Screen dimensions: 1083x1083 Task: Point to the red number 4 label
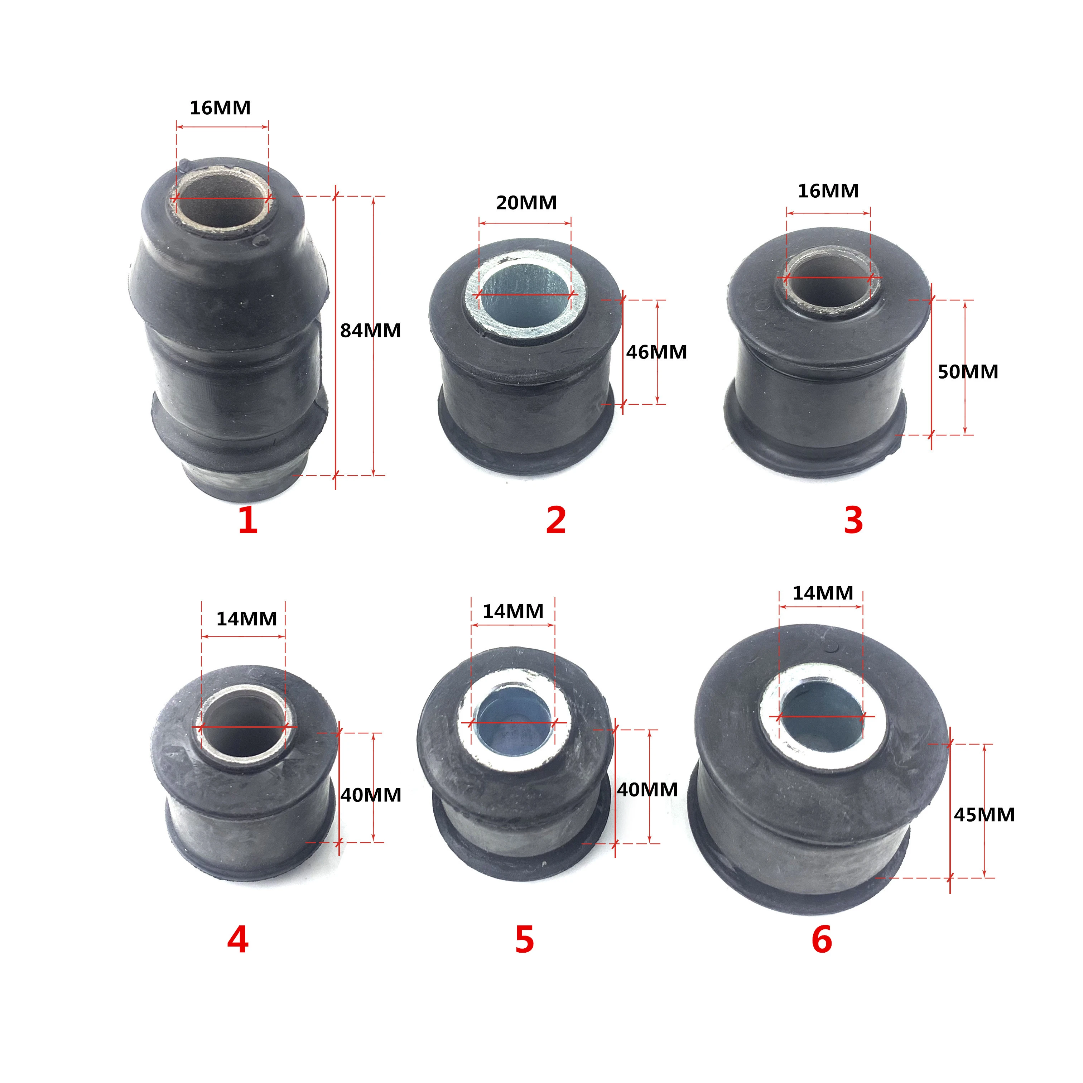coord(238,940)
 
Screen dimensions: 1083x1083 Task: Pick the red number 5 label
coord(525,940)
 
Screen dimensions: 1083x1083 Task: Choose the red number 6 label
coord(822,940)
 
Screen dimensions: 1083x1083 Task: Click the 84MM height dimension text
coord(371,331)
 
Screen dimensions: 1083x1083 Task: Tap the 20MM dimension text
coord(526,202)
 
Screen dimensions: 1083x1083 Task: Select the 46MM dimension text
coord(656,352)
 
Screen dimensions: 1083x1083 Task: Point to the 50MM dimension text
coord(968,372)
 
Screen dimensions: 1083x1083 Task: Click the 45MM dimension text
coord(985,814)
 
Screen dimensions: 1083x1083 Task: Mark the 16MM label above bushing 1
coord(220,108)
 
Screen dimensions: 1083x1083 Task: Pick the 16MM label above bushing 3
coord(828,191)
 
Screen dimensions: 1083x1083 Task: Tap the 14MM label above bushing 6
coord(822,593)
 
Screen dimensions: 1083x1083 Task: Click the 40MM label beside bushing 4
coord(371,795)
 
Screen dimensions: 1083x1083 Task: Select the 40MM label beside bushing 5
coord(648,789)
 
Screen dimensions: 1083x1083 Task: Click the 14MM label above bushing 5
coord(513,611)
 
